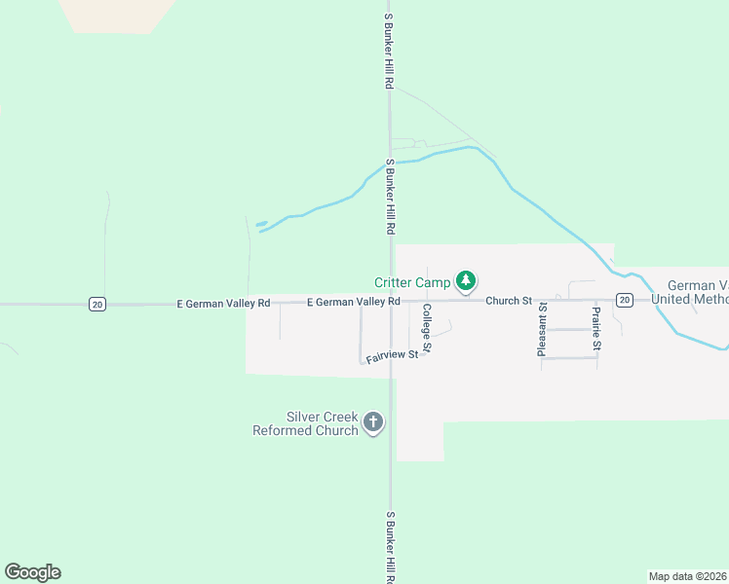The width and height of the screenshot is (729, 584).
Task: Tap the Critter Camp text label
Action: click(x=412, y=282)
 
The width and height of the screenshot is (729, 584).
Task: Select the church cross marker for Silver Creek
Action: click(x=371, y=422)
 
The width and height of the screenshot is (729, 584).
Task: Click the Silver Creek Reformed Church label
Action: click(x=305, y=423)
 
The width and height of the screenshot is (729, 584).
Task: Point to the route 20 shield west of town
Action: click(x=96, y=305)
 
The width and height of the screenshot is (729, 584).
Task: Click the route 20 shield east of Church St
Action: click(x=624, y=299)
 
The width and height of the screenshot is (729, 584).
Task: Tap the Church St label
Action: click(x=509, y=301)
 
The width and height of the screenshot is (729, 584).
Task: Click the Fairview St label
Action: click(x=392, y=356)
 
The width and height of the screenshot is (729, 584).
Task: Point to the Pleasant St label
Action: click(x=543, y=330)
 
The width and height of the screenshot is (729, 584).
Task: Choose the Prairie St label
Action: click(x=595, y=328)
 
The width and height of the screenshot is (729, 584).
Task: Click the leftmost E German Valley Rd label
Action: click(x=223, y=304)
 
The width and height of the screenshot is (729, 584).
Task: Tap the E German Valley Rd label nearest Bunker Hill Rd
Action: click(x=353, y=302)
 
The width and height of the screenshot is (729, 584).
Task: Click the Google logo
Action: click(x=32, y=572)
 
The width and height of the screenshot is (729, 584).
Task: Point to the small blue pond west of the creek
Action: click(x=261, y=224)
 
